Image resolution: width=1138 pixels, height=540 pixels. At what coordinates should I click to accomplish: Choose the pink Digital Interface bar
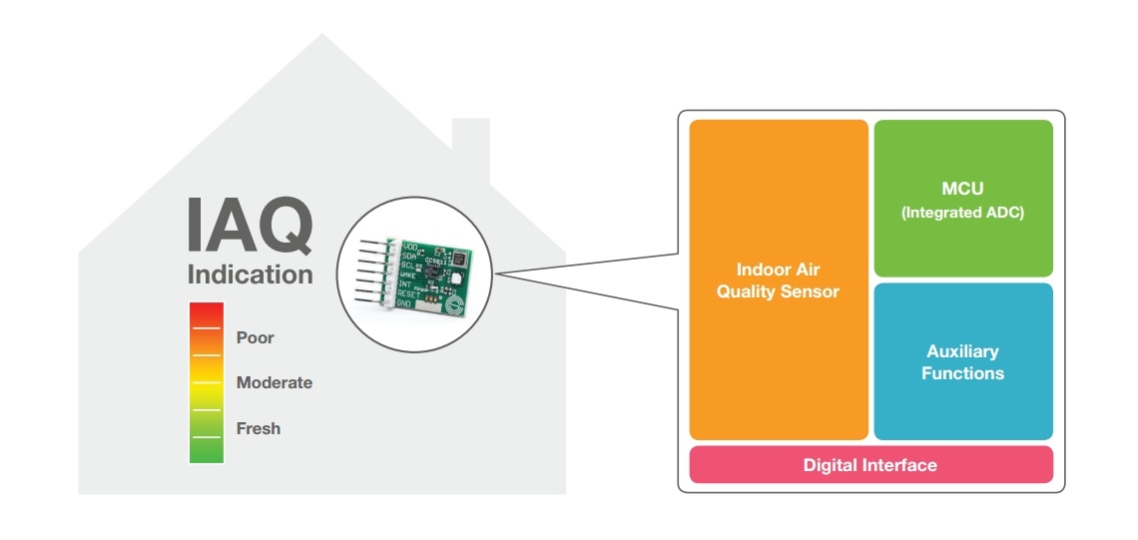(x=870, y=465)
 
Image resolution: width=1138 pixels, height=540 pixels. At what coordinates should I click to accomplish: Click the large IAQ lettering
(x=250, y=227)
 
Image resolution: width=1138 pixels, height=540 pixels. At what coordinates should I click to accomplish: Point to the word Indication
(x=250, y=274)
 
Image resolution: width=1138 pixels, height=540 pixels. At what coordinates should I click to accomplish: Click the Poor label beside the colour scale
(x=255, y=337)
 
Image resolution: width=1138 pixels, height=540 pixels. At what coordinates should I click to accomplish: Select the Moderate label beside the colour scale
(x=274, y=383)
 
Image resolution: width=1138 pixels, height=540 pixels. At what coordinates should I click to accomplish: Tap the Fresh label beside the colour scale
(x=258, y=428)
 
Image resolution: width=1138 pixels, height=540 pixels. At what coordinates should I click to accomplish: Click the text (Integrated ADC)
(x=963, y=212)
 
